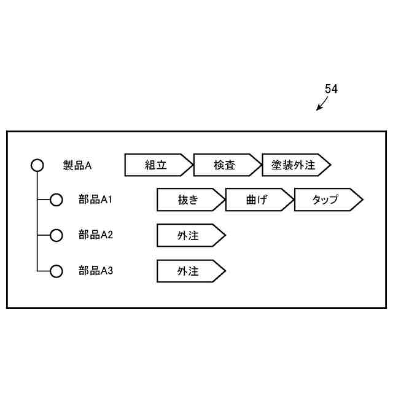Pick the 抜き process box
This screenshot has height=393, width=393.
[x=188, y=200]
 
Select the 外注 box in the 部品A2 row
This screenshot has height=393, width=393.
[x=188, y=235]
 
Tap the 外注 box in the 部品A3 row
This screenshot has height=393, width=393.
[x=188, y=271]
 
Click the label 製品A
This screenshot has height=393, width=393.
[x=77, y=165]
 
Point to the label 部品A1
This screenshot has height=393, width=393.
[x=95, y=200]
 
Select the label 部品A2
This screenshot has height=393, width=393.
[x=95, y=235]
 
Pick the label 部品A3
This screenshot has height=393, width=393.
[x=95, y=270]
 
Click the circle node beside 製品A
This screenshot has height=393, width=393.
[x=37, y=165]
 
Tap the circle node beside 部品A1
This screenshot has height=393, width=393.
[x=56, y=200]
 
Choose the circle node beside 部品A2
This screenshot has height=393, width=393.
[x=56, y=235]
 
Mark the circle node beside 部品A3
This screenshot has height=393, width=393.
[x=56, y=271]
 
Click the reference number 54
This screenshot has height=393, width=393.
[x=331, y=89]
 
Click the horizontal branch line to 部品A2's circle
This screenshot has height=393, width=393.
[x=44, y=235]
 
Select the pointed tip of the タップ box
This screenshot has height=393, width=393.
[x=361, y=200]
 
